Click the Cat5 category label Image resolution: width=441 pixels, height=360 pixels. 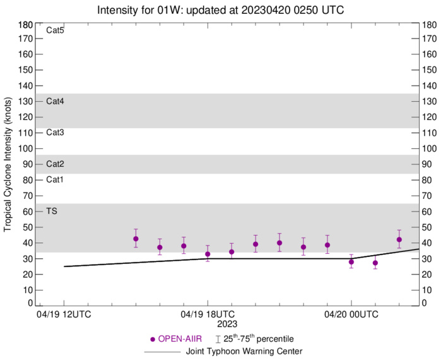pyautogui.click(x=55, y=30)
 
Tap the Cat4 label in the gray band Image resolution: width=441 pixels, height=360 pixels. pyautogui.click(x=55, y=101)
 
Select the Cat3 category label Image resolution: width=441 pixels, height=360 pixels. pyautogui.click(x=55, y=133)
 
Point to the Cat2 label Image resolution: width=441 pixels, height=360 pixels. pyautogui.click(x=55, y=164)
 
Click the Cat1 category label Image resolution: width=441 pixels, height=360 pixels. pyautogui.click(x=55, y=180)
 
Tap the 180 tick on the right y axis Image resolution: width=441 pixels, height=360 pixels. pyautogui.click(x=431, y=25)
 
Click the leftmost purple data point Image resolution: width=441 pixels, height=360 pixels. pyautogui.click(x=136, y=239)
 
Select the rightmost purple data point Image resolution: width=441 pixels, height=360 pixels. pyautogui.click(x=399, y=239)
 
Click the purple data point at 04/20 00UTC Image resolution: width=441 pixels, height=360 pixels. pyautogui.click(x=351, y=261)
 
